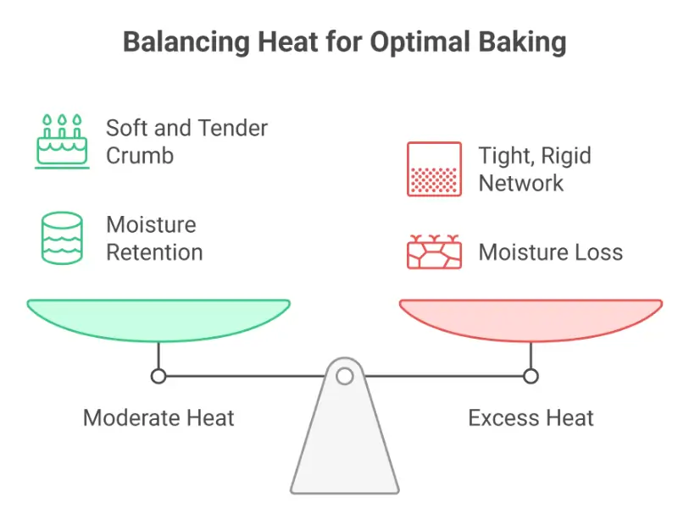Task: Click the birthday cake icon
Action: click(x=61, y=141)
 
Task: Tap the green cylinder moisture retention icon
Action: click(x=61, y=238)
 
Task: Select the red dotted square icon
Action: click(x=434, y=169)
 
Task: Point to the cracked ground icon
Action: click(x=434, y=251)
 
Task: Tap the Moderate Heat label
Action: click(x=158, y=417)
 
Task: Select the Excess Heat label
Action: click(x=531, y=417)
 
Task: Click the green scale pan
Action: click(x=158, y=317)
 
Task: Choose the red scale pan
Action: click(x=531, y=317)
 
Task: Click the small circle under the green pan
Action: click(x=158, y=375)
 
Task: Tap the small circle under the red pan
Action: click(x=531, y=375)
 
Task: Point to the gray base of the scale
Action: click(x=345, y=449)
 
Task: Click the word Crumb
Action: click(x=140, y=156)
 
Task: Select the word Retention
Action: click(x=153, y=252)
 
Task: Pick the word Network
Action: click(x=520, y=183)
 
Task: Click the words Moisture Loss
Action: click(x=550, y=252)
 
